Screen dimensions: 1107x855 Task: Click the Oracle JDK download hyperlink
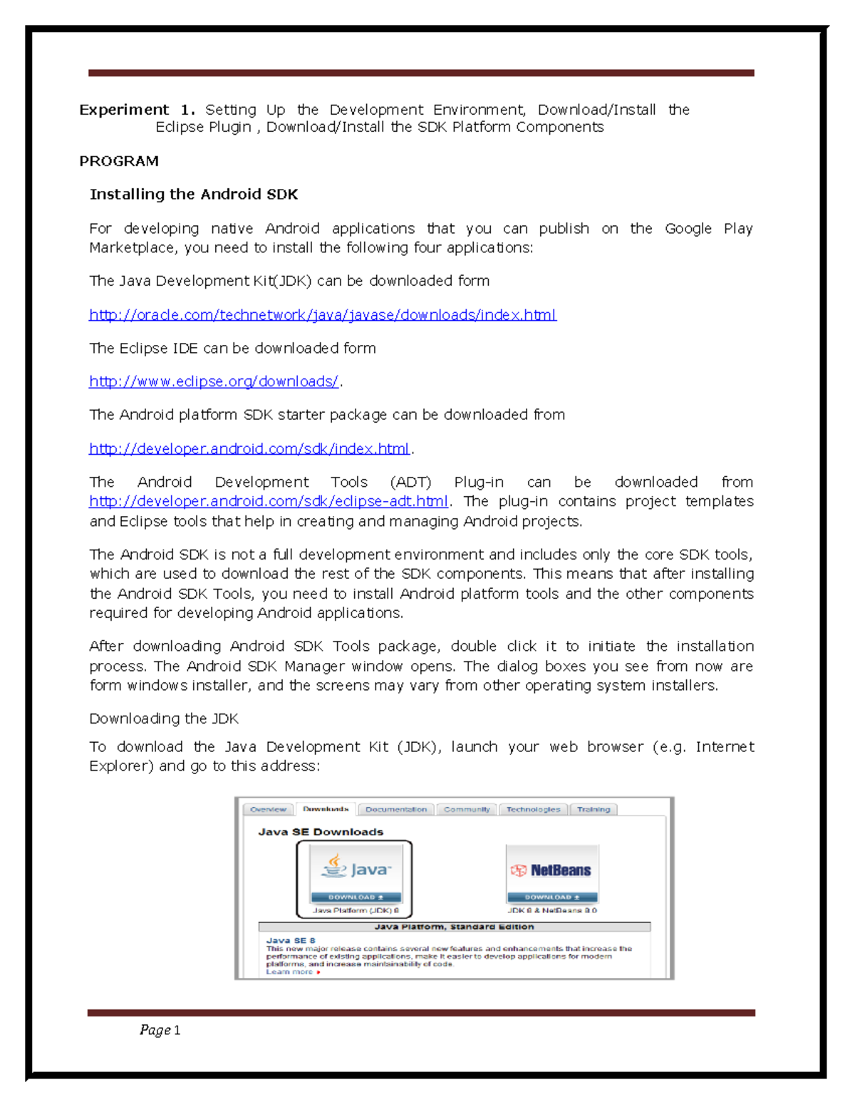tap(322, 315)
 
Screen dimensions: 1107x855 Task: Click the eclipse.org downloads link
tap(213, 382)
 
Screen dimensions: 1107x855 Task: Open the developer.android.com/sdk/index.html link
tap(249, 449)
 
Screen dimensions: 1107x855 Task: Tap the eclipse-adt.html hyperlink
tap(269, 502)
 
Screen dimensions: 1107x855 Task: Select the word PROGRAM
tap(118, 161)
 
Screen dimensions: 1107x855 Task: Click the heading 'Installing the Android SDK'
tap(194, 195)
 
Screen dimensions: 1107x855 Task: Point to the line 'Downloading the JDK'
tap(164, 719)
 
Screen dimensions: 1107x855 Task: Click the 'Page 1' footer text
tap(160, 1030)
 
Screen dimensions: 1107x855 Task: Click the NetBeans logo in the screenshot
tap(552, 870)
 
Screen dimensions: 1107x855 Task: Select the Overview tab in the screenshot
tap(268, 810)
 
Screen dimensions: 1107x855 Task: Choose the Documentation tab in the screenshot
tap(395, 810)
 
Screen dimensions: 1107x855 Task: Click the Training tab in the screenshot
tap(594, 810)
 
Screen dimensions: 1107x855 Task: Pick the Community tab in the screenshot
tap(467, 810)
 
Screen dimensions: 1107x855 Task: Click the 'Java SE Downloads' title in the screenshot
tap(321, 832)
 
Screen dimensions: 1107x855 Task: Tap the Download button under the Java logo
tap(356, 897)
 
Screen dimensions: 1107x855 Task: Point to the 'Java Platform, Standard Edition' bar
tap(454, 927)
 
